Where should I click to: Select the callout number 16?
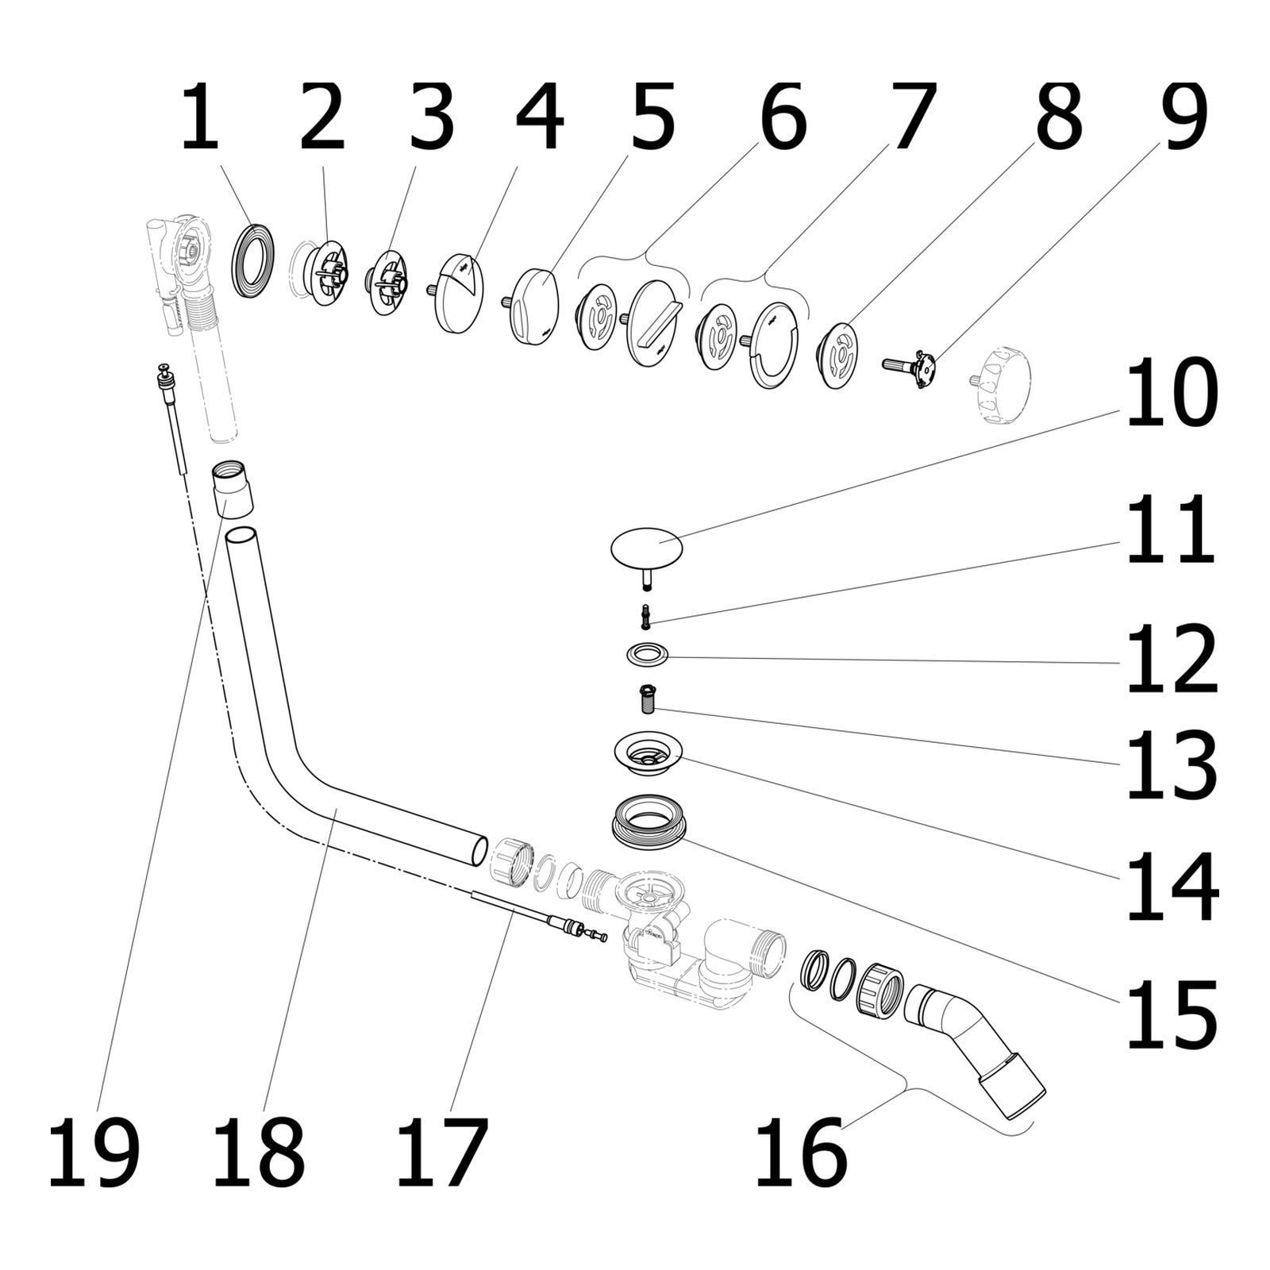pyautogui.click(x=801, y=1153)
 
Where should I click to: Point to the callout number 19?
pyautogui.click(x=94, y=1153)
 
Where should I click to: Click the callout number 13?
pyautogui.click(x=1172, y=764)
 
